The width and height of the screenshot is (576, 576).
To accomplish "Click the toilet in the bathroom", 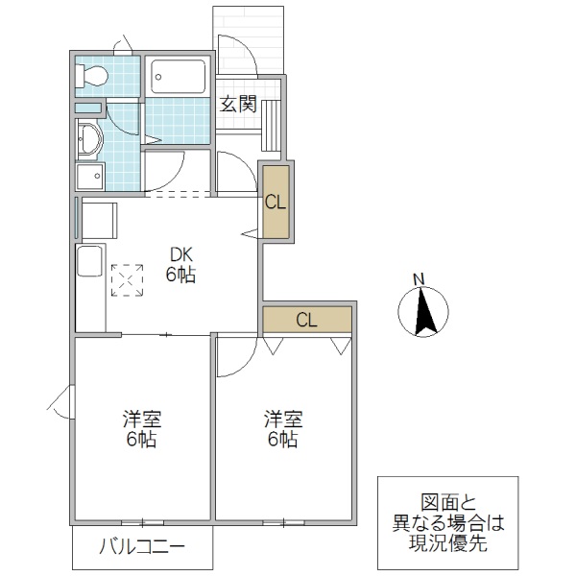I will pos(94,76).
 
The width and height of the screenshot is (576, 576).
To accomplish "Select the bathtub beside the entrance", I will pos(179,76).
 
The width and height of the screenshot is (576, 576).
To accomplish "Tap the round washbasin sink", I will pos(88,140).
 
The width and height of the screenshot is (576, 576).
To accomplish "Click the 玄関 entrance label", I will pos(238,105).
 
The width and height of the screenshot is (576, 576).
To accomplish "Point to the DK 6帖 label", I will pos(182,265).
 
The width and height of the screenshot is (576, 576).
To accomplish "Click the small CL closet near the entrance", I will pos(275,203).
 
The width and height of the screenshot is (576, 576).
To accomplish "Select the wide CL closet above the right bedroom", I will pos(307,321).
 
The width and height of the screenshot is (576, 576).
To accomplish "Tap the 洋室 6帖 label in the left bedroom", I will pos(141,429).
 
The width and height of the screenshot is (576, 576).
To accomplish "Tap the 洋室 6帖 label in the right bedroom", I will pos(283,429).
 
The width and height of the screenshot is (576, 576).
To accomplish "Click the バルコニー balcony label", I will pos(142,548).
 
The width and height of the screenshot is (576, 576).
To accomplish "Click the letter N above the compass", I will pos(419,279).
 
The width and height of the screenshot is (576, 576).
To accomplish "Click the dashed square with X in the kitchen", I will pos(127,279).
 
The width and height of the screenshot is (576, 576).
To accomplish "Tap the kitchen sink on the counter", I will pos(91,261).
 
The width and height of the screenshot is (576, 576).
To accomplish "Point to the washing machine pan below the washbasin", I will pos(90,178).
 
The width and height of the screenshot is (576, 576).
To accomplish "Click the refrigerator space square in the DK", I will pos(99,220).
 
